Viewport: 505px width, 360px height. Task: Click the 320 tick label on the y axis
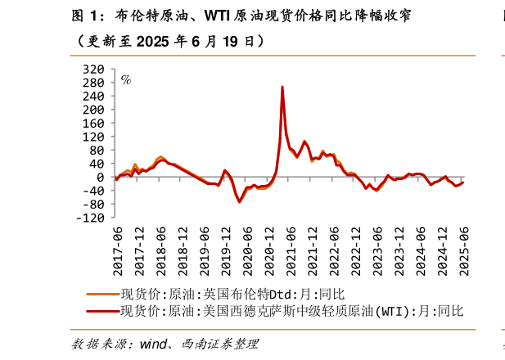pos(95,70)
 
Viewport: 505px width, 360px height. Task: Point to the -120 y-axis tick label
pos(92,218)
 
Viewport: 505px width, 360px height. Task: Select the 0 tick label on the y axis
pos(101,178)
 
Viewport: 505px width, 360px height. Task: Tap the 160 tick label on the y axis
pos(95,124)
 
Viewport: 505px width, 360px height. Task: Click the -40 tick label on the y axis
pos(95,191)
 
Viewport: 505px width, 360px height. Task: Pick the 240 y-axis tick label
pos(95,97)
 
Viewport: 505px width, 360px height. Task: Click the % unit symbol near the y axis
pos(125,80)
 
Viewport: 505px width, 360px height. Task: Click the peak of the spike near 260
pos(282,87)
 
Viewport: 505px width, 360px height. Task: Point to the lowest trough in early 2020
pos(240,201)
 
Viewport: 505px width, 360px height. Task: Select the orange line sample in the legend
pos(102,293)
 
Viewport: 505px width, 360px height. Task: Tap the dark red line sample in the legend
pos(102,311)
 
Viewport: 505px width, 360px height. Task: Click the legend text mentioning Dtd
pos(233,293)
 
